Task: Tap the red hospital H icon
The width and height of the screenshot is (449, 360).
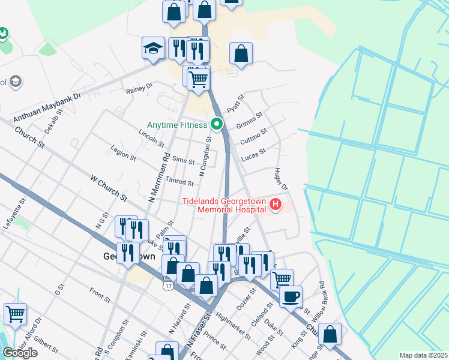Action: [x=276, y=205]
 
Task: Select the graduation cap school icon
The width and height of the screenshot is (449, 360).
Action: [x=153, y=49]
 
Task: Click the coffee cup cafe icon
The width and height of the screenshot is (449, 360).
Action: [x=291, y=296]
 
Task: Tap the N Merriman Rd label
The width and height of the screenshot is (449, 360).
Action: [x=155, y=178]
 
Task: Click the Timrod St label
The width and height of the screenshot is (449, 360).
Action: [x=179, y=182]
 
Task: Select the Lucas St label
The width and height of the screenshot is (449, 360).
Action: [x=253, y=156]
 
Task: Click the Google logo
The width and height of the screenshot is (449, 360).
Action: [x=20, y=353]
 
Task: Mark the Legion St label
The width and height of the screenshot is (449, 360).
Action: [x=124, y=154]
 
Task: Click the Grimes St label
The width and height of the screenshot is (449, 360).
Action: [x=250, y=120]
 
